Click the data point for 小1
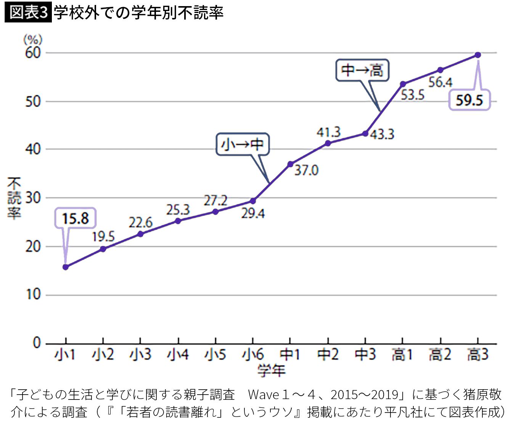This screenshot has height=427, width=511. tap(66, 267)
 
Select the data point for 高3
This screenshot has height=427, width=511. tap(478, 55)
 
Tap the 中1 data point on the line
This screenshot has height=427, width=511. tap(290, 164)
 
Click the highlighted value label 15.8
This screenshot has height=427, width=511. tap(75, 219)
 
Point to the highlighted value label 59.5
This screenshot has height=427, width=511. tap(469, 100)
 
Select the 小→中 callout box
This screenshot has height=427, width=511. tap(243, 144)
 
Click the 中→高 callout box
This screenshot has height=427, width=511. tap(362, 70)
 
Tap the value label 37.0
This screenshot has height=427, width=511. tap(306, 170)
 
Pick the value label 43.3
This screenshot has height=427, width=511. tap(382, 134)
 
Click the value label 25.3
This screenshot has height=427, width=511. tap(178, 209)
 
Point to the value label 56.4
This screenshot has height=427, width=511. tap(440, 82)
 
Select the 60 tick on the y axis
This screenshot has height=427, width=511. tap(33, 53)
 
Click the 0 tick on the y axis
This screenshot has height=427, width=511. tap(37, 343)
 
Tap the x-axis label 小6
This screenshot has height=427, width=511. tap(253, 355)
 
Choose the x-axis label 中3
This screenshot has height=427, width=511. tap(365, 355)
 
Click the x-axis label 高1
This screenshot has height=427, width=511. tap(402, 355)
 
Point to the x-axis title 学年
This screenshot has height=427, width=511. tap(271, 370)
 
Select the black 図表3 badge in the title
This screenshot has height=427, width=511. tap(28, 13)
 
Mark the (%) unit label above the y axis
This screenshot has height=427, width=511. tap(33, 39)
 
